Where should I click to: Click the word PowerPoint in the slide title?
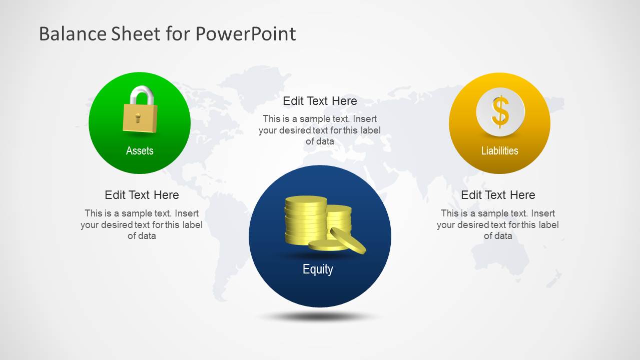pyautogui.click(x=245, y=34)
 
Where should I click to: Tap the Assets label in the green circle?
pyautogui.click(x=140, y=150)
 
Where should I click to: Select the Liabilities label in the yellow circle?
pyautogui.click(x=499, y=150)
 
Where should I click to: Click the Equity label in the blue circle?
pyautogui.click(x=318, y=269)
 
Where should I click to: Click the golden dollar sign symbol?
pyautogui.click(x=500, y=111)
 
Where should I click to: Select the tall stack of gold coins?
pyautogui.click(x=305, y=220)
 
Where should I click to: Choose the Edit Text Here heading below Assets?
pyautogui.click(x=142, y=195)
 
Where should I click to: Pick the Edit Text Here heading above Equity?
pyautogui.click(x=320, y=101)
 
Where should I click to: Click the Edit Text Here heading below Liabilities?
pyautogui.click(x=498, y=195)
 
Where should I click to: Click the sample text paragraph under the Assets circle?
pyautogui.click(x=142, y=224)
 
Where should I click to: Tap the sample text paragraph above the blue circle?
pyautogui.click(x=320, y=130)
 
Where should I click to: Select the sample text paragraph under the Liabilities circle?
pyautogui.click(x=498, y=224)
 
